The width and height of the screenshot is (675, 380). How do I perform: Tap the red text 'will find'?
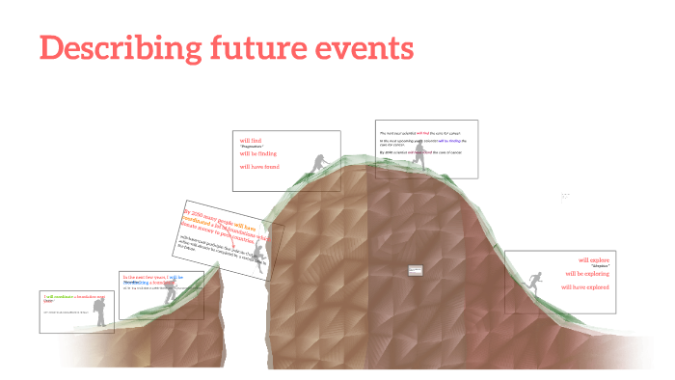click(251, 141)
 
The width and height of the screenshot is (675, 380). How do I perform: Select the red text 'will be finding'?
click(257, 153)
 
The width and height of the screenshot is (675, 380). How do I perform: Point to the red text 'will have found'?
click(259, 166)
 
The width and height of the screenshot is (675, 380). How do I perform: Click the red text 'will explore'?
click(593, 259)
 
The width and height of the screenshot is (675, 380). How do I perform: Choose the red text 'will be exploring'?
click(587, 273)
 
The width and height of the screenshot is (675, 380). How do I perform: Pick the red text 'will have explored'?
click(585, 286)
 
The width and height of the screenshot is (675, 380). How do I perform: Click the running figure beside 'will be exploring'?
click(533, 281)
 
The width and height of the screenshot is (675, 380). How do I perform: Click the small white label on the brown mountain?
click(416, 271)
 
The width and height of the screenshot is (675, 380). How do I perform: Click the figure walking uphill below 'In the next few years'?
click(171, 293)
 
